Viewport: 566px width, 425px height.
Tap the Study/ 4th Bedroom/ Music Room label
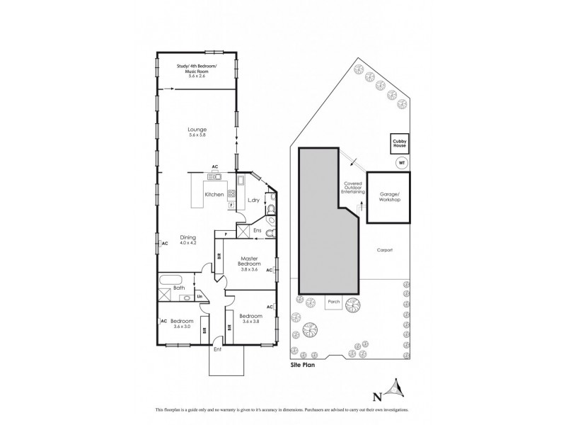[x=197, y=69]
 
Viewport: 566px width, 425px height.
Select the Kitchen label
[x=214, y=194]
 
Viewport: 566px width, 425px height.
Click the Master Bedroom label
[x=252, y=262]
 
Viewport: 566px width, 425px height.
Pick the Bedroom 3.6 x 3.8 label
[x=251, y=319]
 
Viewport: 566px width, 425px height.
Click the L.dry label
[x=253, y=200]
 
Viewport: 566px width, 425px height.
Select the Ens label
[x=257, y=230]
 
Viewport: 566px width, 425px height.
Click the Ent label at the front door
[x=216, y=348]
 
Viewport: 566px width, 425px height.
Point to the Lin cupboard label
[x=200, y=296]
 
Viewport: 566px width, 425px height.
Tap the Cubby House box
[x=400, y=144]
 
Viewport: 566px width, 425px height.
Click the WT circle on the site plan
[x=402, y=162]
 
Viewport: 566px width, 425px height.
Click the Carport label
[x=384, y=250]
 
